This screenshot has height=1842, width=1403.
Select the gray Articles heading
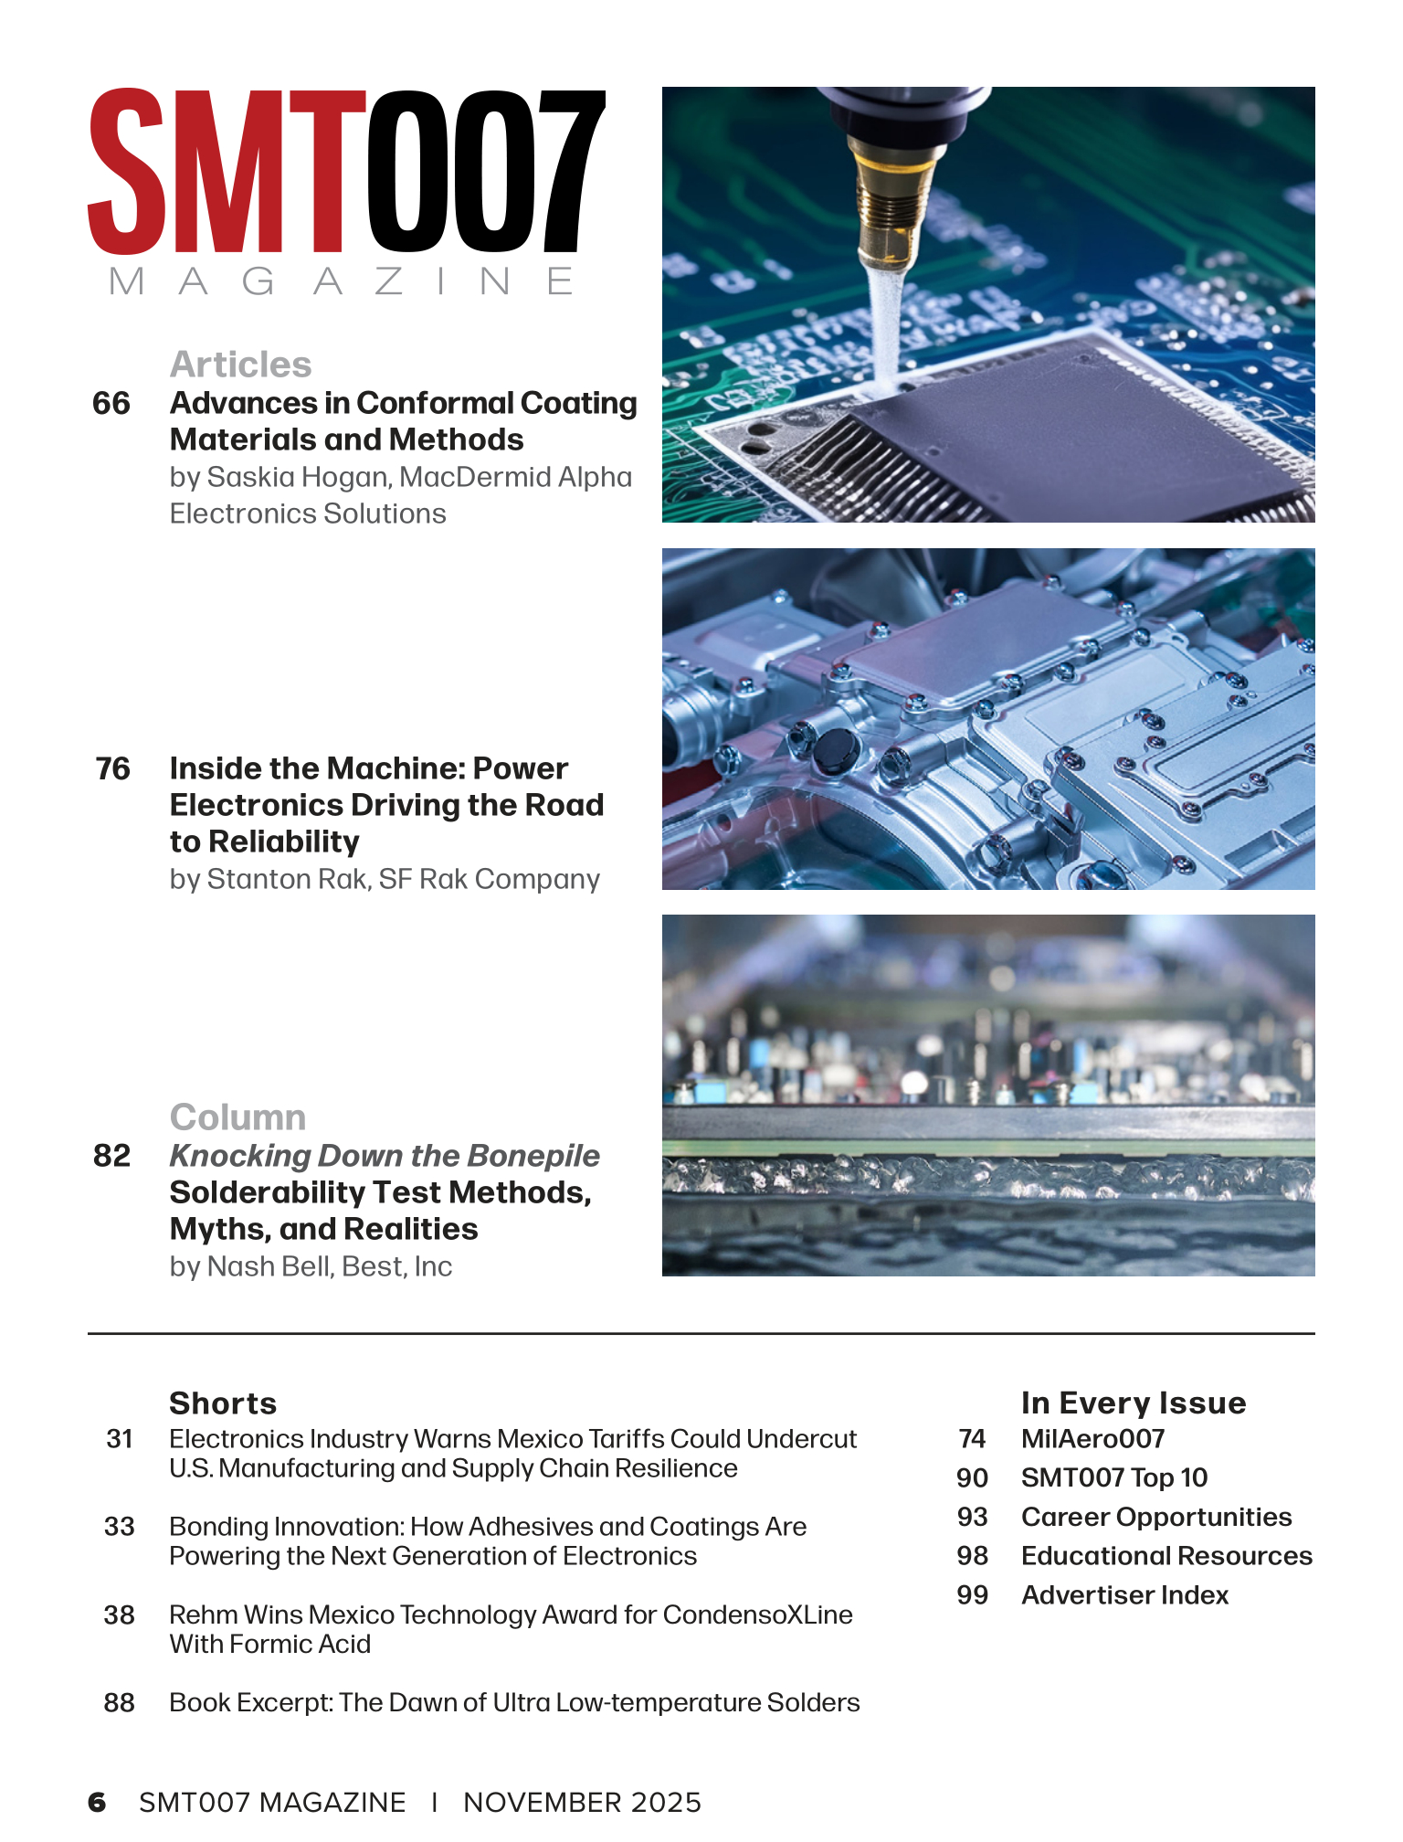point(240,365)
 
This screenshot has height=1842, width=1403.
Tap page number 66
point(111,403)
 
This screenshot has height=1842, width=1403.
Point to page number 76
point(113,768)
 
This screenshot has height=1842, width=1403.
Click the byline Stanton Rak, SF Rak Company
point(385,879)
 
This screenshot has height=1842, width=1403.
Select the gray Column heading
point(237,1117)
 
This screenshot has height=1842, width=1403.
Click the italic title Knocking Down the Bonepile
point(385,1156)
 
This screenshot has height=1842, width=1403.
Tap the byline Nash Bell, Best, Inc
point(311,1266)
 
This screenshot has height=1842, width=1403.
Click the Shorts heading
point(223,1403)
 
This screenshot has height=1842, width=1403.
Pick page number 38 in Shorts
point(120,1614)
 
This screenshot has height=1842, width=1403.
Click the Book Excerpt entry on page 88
point(514,1702)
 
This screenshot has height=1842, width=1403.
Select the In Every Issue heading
point(1133,1403)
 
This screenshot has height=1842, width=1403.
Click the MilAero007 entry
point(1092,1438)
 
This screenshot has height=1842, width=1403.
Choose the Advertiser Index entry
point(1124,1594)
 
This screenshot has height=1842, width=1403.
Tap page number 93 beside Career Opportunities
point(973,1517)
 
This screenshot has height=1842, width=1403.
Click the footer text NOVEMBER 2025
point(582,1802)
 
